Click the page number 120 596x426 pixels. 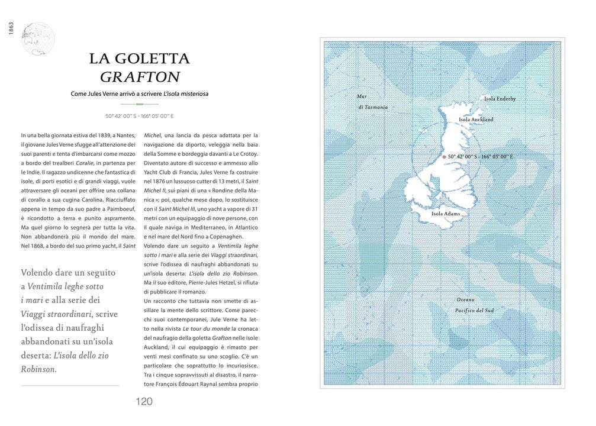pyautogui.click(x=144, y=402)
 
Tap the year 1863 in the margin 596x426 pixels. pyautogui.click(x=11, y=28)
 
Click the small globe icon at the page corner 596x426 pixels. pyautogui.click(x=37, y=39)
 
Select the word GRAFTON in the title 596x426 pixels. pyautogui.click(x=140, y=78)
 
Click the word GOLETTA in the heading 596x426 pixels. pyautogui.click(x=156, y=59)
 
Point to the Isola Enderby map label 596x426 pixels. pyautogui.click(x=500, y=99)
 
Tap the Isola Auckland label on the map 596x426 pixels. pyautogui.click(x=476, y=120)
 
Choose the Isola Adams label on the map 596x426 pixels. pyautogui.click(x=446, y=214)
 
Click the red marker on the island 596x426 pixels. pyautogui.click(x=444, y=157)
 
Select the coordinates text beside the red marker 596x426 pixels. pyautogui.click(x=480, y=157)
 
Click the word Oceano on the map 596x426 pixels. pyautogui.click(x=465, y=300)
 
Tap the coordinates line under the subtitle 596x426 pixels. pyautogui.click(x=140, y=116)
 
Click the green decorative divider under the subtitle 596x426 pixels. pyautogui.click(x=140, y=104)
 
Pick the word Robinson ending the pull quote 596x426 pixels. pyautogui.click(x=38, y=369)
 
